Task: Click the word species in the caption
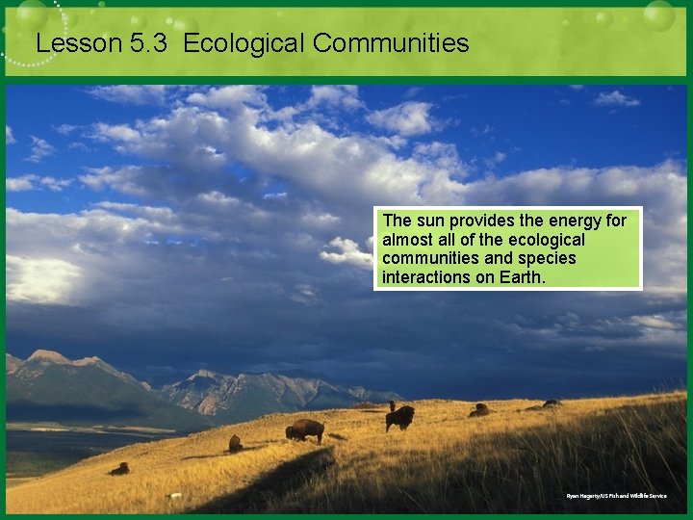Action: (546, 258)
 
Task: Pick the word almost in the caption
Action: (407, 240)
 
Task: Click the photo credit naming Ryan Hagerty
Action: (616, 496)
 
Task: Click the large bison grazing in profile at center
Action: (305, 430)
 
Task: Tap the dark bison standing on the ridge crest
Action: (399, 417)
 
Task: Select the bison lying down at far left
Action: (119, 469)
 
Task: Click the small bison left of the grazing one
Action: (235, 443)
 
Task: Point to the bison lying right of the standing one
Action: (478, 410)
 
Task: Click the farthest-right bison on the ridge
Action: (552, 403)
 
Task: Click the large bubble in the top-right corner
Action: (659, 15)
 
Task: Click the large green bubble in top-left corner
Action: (31, 13)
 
